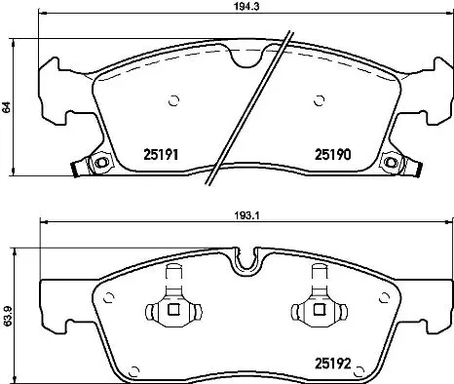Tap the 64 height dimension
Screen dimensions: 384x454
9,109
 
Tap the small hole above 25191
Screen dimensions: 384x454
174,98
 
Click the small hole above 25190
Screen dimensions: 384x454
319,98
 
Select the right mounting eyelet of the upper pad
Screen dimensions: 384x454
392,163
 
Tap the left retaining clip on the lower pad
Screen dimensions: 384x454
171,310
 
